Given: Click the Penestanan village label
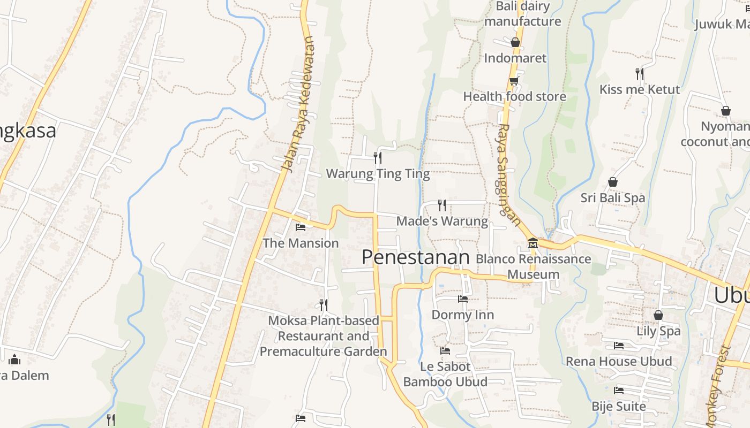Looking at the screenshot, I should tap(415, 257).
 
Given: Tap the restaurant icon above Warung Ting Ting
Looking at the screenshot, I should tap(378, 157).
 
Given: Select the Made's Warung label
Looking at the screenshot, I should tap(442, 221).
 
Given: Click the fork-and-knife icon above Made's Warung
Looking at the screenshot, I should tap(442, 205).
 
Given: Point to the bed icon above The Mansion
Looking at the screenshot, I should tap(301, 227).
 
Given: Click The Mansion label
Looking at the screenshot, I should tap(301, 243).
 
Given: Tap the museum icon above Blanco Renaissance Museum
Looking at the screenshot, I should tap(532, 243).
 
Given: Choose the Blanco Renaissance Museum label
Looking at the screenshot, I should tap(534, 266).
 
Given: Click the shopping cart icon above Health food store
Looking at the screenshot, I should tap(514, 81).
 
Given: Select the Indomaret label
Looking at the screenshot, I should tap(515, 58).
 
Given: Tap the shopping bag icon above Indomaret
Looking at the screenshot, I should tap(515, 42).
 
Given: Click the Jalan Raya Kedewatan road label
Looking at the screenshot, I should tap(298, 104).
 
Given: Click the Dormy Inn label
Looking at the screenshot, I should tap(463, 315).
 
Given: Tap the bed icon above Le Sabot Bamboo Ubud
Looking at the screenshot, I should tap(445, 351).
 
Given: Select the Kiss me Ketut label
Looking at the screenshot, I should tap(639, 89).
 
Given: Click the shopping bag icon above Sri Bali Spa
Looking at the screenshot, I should tap(613, 182).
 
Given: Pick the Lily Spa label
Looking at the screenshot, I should tap(658, 331).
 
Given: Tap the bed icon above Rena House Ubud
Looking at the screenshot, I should tap(619, 346).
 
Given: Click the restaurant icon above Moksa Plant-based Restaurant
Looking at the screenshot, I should tap(324, 304).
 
